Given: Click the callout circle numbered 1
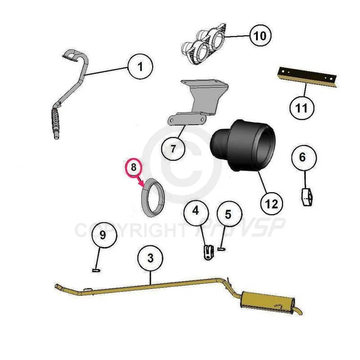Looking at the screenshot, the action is click(x=140, y=67).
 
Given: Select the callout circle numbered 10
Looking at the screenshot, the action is click(x=261, y=36).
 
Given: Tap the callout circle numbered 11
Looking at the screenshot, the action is click(x=301, y=108).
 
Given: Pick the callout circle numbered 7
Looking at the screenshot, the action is click(x=173, y=148).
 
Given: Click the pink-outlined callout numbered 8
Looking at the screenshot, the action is click(x=134, y=167).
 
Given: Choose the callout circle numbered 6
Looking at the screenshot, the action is click(x=304, y=157).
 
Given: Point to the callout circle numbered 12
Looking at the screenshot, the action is click(x=271, y=204).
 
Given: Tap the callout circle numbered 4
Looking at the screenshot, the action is click(x=196, y=211).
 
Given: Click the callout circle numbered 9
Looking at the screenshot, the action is click(x=104, y=235).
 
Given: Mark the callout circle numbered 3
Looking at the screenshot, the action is click(x=150, y=257).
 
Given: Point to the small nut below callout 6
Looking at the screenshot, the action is click(x=307, y=197).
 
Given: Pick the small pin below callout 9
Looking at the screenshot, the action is click(x=96, y=270).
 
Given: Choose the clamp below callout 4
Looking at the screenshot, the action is click(x=208, y=252).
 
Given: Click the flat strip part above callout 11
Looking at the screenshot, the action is click(x=307, y=77).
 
